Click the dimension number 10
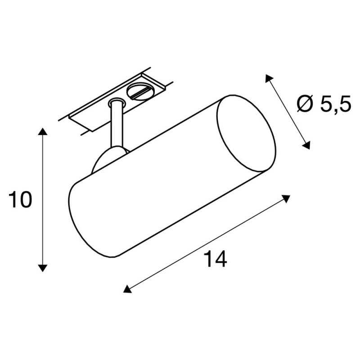20,200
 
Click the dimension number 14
216,259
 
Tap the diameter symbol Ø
306,103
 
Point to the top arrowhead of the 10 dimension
42,131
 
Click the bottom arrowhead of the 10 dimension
42,268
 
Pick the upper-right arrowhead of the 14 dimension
286,198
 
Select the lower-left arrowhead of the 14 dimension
127,289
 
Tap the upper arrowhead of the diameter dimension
269,78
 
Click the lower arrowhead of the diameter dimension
306,145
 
